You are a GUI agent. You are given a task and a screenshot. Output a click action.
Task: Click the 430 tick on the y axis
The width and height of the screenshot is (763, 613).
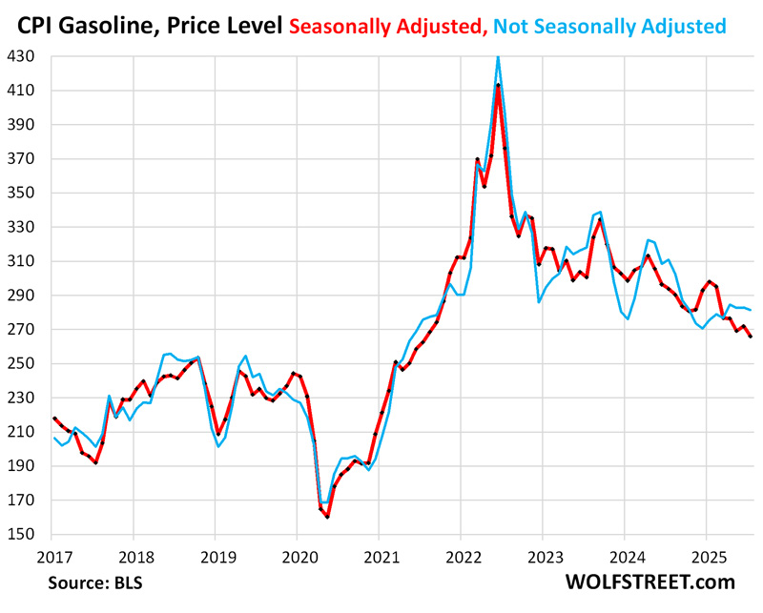point(20,56)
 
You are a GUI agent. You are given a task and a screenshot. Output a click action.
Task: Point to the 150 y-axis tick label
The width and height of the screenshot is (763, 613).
point(20,535)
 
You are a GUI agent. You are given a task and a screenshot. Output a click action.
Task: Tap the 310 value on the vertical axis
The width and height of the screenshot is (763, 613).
point(20,261)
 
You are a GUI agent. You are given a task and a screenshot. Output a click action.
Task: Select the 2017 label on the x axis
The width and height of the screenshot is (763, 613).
point(52,555)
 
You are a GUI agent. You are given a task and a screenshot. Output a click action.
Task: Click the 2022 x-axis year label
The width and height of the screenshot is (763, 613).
point(462,555)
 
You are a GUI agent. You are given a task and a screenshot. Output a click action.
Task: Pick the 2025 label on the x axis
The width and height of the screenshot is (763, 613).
point(707,555)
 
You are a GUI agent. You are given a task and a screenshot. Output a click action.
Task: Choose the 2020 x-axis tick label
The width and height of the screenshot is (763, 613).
point(298,555)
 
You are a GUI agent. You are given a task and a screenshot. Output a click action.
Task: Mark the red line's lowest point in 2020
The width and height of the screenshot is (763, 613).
point(327,517)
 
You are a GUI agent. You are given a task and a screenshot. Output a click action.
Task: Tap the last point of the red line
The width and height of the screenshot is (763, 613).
point(748,337)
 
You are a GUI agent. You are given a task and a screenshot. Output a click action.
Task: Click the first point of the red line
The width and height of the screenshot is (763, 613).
point(54,418)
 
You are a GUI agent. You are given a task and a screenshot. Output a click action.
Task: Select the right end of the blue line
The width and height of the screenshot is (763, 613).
point(748,310)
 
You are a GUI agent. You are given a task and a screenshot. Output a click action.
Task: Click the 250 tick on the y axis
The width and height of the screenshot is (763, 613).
point(20,364)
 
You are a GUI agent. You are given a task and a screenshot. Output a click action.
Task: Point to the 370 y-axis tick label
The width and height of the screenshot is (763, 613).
point(20,158)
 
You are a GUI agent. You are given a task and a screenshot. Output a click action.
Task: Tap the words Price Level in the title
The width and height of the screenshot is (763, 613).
point(221,25)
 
